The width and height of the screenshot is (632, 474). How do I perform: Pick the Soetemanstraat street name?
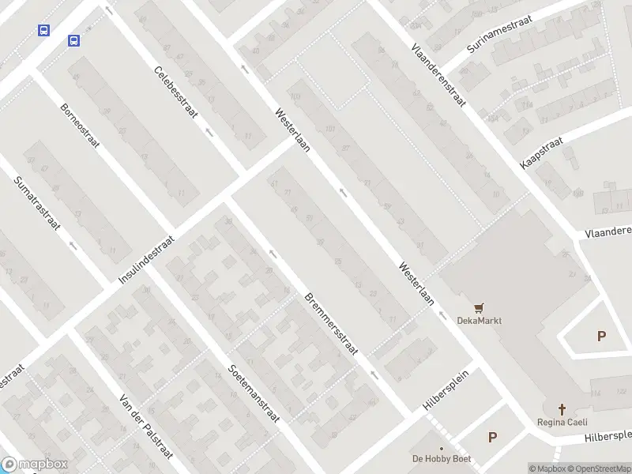click(x=253, y=392)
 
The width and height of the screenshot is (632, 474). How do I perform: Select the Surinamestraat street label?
click(x=499, y=34)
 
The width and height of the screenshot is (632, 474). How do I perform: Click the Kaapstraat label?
click(x=541, y=152)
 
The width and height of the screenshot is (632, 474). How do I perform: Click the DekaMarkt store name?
click(x=480, y=321)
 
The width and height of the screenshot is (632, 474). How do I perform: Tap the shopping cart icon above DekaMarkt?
click(x=478, y=307)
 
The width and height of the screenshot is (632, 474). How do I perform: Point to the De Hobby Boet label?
click(x=441, y=458)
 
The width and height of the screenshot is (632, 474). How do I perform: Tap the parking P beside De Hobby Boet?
click(x=493, y=437)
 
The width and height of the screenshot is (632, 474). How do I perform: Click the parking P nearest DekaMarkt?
click(x=601, y=336)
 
